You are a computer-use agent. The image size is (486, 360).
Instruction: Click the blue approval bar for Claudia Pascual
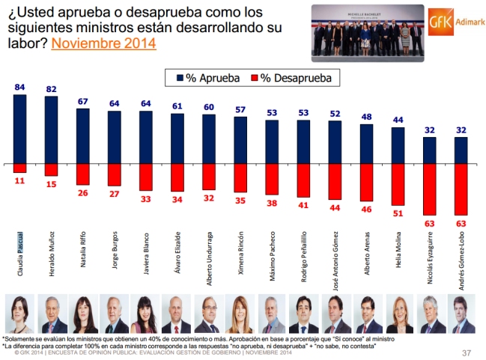tap(20, 129)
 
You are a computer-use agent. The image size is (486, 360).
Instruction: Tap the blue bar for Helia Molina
tap(398, 145)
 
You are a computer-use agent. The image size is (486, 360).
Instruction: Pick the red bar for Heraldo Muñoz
tap(52, 169)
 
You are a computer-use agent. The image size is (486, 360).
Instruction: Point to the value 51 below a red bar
tap(398, 213)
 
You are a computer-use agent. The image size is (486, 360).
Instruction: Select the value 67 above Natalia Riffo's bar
tap(84, 101)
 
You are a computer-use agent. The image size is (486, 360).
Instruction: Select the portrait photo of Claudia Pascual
tap(20, 314)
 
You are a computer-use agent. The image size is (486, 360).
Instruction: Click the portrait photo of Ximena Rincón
tap(240, 314)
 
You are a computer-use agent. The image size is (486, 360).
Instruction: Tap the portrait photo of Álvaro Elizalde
tap(177, 314)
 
